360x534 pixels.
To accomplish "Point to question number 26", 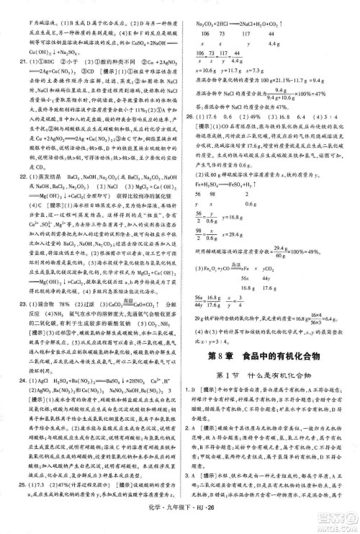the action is click(x=189, y=115).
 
